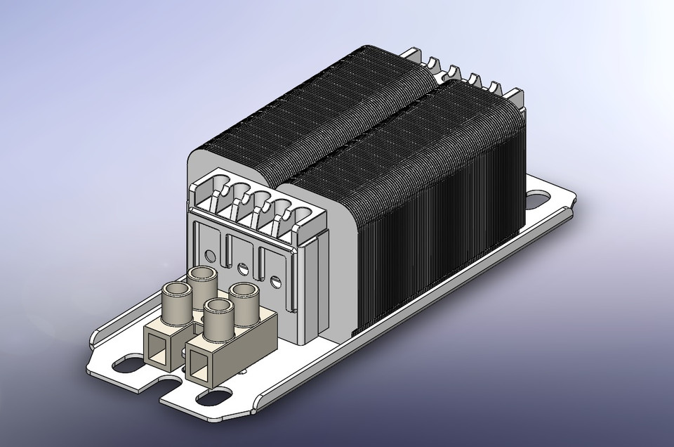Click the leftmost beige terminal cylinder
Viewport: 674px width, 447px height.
point(173,294)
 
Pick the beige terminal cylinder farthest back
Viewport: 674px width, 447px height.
point(200,278)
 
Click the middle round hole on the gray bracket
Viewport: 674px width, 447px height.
point(244,268)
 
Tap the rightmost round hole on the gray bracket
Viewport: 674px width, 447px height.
point(275,282)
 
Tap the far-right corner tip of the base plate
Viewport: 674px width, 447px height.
point(578,201)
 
